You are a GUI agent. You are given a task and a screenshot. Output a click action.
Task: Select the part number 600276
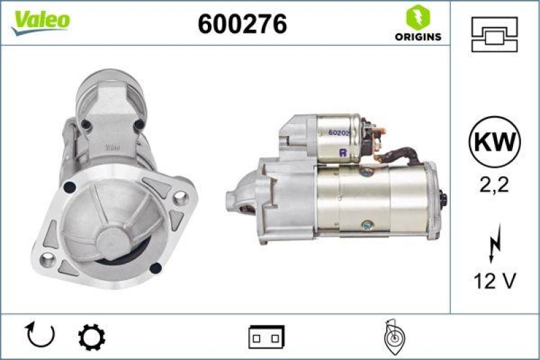[242, 24]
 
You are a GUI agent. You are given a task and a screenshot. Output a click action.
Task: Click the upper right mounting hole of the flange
[180, 198]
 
